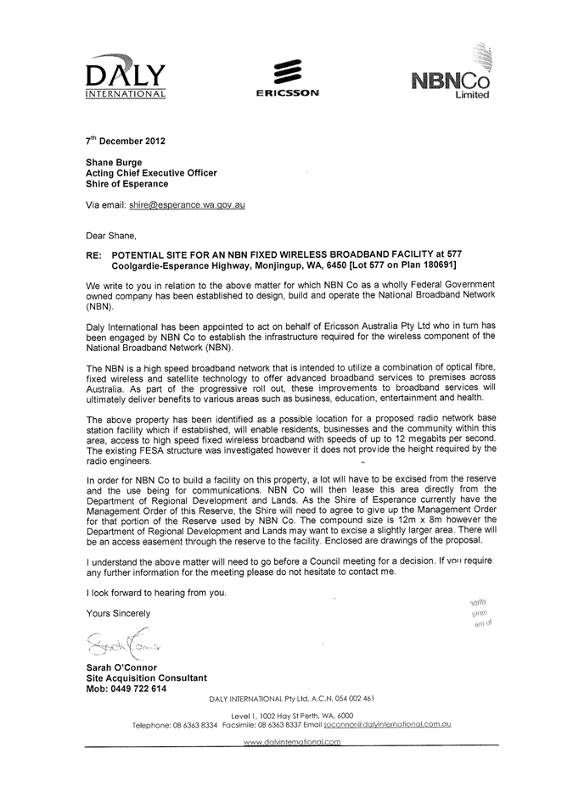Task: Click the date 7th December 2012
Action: point(125,140)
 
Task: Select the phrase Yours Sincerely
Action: point(118,612)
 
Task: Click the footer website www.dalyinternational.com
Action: point(291,742)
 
